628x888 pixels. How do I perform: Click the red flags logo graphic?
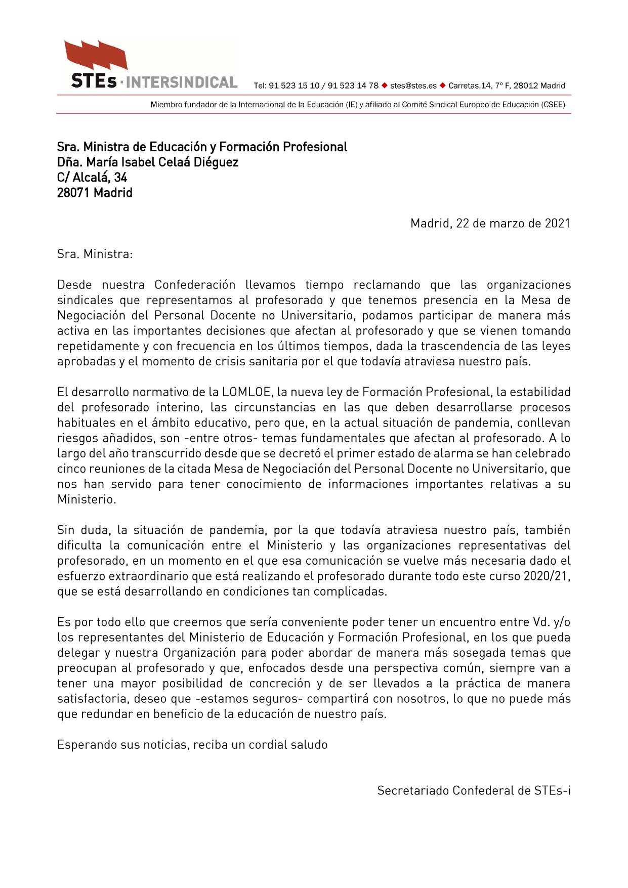[x=96, y=55]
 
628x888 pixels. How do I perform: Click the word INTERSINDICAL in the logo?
[x=181, y=82]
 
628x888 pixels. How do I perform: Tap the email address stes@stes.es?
[x=413, y=86]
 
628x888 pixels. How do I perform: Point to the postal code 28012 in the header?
[x=525, y=86]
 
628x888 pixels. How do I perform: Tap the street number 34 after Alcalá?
[x=120, y=178]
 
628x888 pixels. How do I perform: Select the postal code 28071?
[x=74, y=193]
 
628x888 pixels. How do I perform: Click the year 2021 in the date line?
[x=557, y=224]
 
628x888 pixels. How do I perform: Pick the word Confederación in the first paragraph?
[x=195, y=285]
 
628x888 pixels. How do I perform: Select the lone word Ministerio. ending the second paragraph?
[x=87, y=499]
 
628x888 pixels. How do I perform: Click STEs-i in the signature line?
[x=552, y=791]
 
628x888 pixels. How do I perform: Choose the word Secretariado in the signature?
[x=413, y=791]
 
